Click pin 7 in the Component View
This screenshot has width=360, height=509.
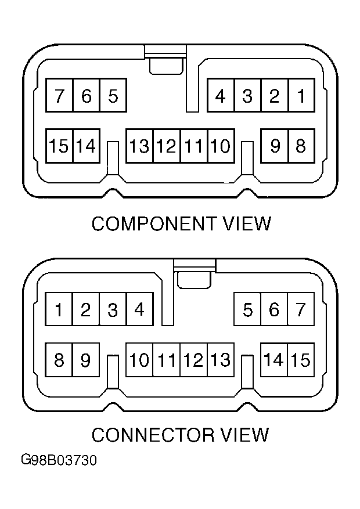click(59, 95)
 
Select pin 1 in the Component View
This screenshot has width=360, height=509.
click(301, 95)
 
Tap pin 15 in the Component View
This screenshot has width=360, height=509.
click(59, 146)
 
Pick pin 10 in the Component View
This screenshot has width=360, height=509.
click(220, 146)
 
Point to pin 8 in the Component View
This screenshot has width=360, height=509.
click(301, 146)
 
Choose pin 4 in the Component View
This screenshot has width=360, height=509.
click(221, 95)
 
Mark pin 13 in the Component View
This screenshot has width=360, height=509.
click(139, 146)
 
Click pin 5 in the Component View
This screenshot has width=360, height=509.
click(113, 95)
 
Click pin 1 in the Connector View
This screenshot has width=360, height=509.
click(59, 310)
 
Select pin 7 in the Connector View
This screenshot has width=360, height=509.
click(301, 310)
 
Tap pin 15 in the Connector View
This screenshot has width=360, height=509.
click(301, 360)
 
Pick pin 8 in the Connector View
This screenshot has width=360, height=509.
click(59, 360)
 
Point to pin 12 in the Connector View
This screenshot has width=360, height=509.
click(193, 360)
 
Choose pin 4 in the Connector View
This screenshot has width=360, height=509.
click(139, 310)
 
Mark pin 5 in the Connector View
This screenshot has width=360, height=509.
click(247, 310)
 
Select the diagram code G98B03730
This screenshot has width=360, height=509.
click(59, 461)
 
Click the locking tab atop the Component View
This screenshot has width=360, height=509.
click(165, 62)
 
